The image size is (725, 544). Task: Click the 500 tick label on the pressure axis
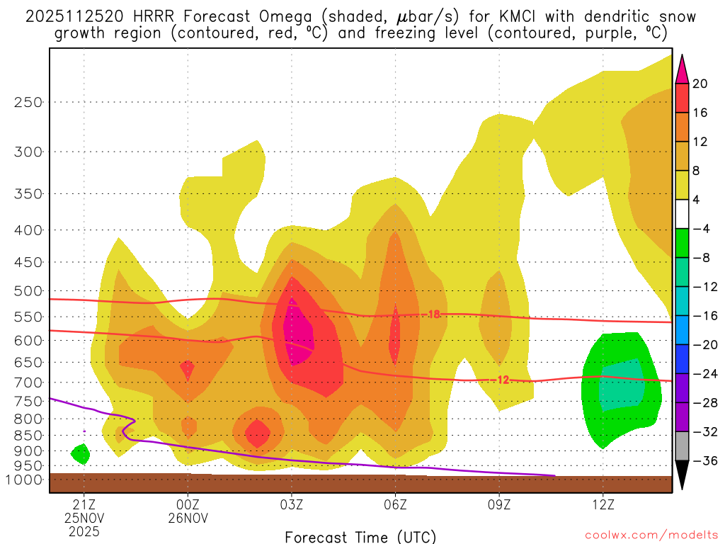[29, 291]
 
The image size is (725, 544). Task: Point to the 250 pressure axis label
[29, 102]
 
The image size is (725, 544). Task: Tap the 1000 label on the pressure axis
[25, 480]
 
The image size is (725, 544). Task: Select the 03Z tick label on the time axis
[292, 505]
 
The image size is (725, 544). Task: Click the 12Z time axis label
[603, 505]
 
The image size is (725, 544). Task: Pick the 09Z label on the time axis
[499, 505]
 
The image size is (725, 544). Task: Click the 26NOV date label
[188, 518]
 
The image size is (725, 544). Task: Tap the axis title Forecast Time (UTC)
[360, 536]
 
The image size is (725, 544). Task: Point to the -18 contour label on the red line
[433, 314]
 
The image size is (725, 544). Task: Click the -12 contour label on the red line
[502, 380]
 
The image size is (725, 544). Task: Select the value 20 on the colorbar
[700, 84]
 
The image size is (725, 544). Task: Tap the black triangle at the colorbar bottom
[682, 475]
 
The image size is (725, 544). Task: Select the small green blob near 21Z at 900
[81, 453]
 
